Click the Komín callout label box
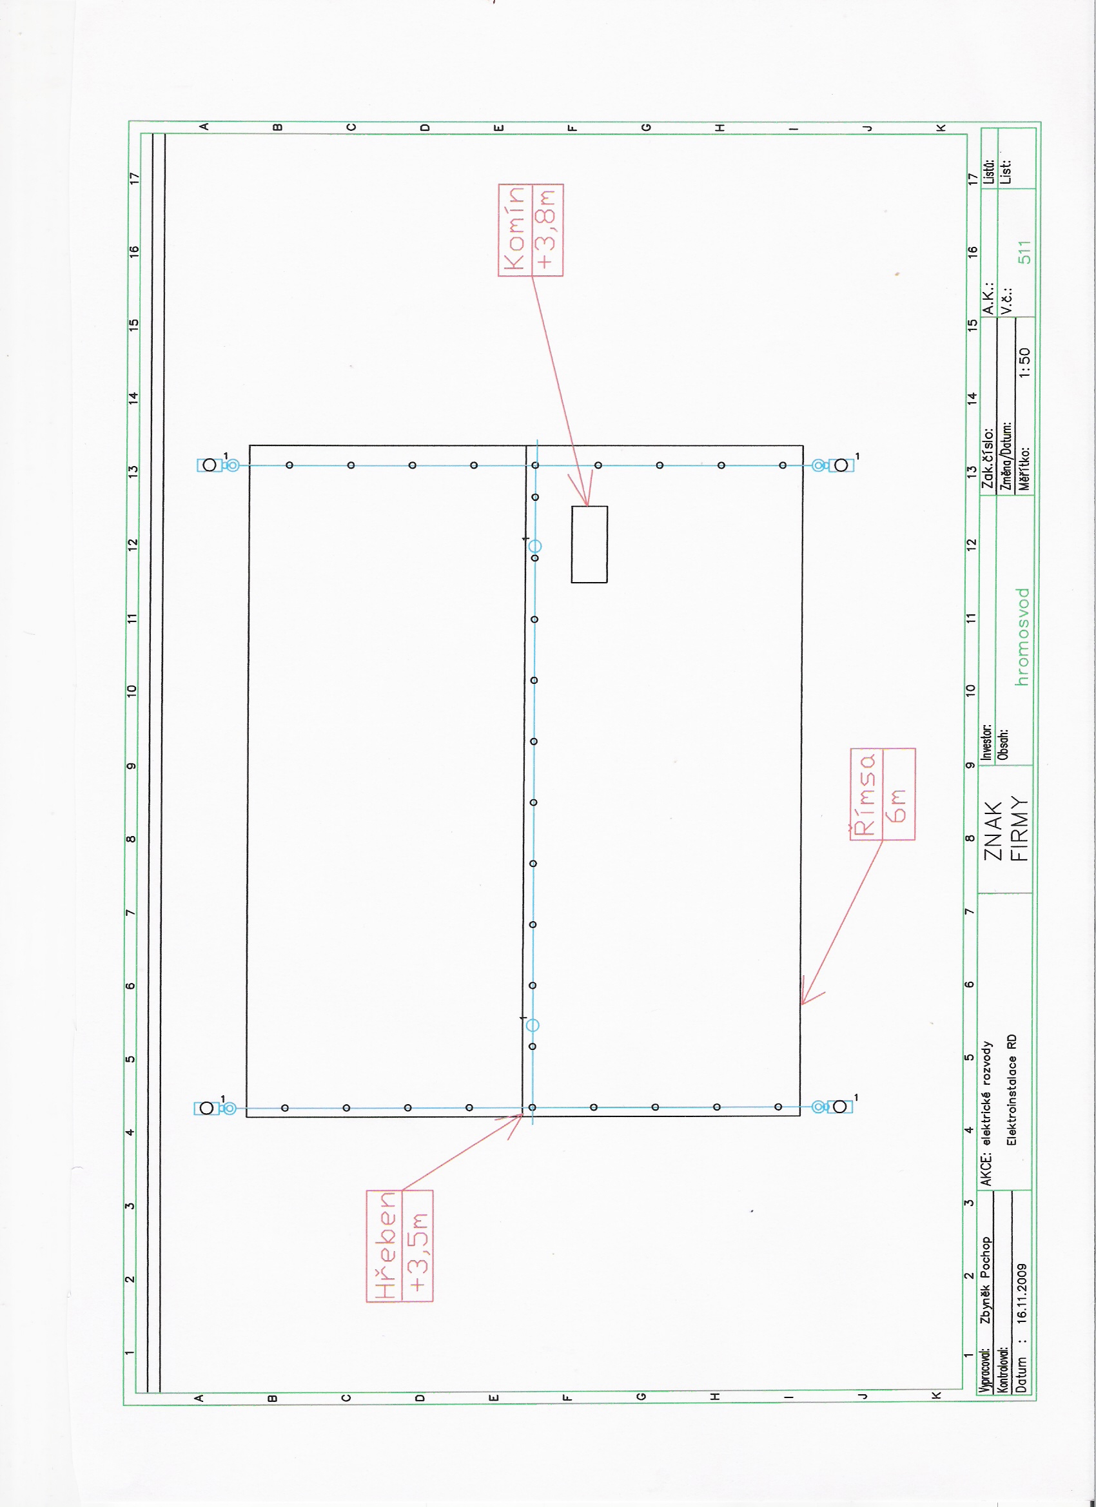click(x=531, y=230)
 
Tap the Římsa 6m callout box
click(x=883, y=794)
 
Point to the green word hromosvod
click(x=1023, y=636)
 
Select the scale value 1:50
click(x=1024, y=363)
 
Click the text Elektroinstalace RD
click(x=1012, y=1089)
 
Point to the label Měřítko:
click(x=1024, y=469)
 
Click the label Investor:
click(x=987, y=742)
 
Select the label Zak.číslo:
click(x=988, y=458)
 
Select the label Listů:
click(x=988, y=172)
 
